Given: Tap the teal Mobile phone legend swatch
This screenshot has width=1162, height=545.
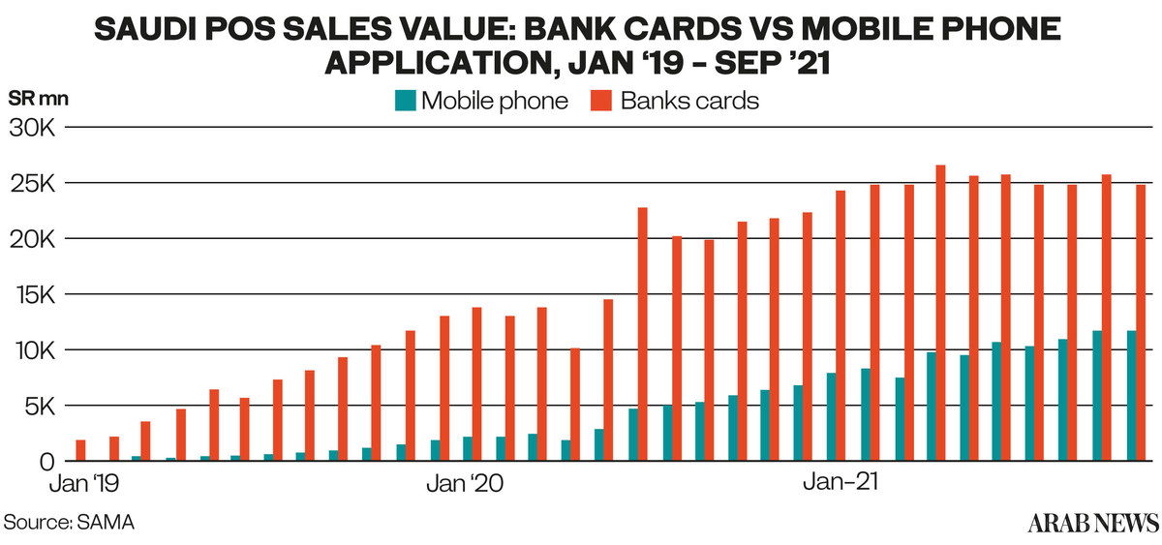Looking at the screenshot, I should pos(405,100).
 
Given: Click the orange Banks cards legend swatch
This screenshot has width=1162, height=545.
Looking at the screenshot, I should pos(601,100).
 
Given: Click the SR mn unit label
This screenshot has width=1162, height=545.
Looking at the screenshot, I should pos(38,99).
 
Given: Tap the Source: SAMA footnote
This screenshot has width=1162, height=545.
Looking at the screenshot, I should pos(70,522).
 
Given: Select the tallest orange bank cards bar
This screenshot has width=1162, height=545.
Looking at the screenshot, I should pos(940,313).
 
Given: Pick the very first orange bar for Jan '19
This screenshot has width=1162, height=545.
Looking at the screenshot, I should pos(81,450).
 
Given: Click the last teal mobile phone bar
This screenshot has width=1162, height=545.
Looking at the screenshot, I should pos(1130,396).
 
